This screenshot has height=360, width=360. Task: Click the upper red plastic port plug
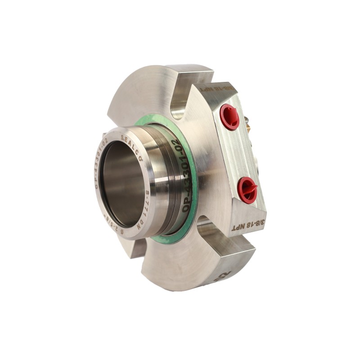coord(229,117)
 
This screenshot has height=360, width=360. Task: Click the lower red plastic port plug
coord(247,189)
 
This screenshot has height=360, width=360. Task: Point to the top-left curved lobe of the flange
coord(137,90)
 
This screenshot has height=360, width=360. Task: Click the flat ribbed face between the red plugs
coord(238,153)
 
